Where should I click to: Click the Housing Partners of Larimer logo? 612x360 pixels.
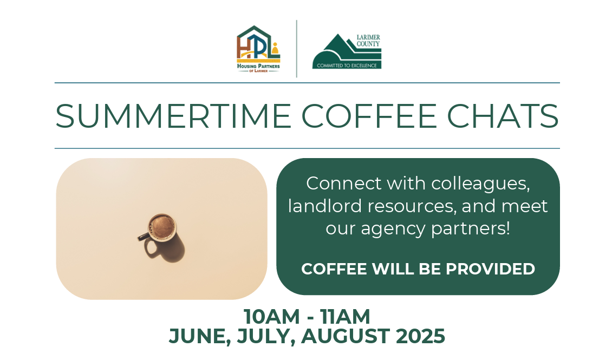(x=258, y=49)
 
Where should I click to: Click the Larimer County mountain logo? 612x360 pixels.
(x=347, y=51)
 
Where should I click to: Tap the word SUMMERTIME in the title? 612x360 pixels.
(x=173, y=116)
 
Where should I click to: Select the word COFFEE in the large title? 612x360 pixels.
(x=369, y=116)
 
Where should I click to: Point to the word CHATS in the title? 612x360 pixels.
(x=503, y=116)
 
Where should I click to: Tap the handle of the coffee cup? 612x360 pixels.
(x=142, y=237)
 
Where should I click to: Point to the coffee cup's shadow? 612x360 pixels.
(x=166, y=249)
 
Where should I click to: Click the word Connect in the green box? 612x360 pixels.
(x=343, y=184)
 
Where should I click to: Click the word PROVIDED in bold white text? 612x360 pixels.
(x=490, y=269)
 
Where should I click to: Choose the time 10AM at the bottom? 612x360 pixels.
(x=272, y=316)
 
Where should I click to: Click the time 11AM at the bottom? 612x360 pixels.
(x=345, y=316)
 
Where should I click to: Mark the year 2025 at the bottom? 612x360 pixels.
(x=420, y=336)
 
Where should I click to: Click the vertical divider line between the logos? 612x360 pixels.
(x=297, y=49)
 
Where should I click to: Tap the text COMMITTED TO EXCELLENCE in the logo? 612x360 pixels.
(x=347, y=66)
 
